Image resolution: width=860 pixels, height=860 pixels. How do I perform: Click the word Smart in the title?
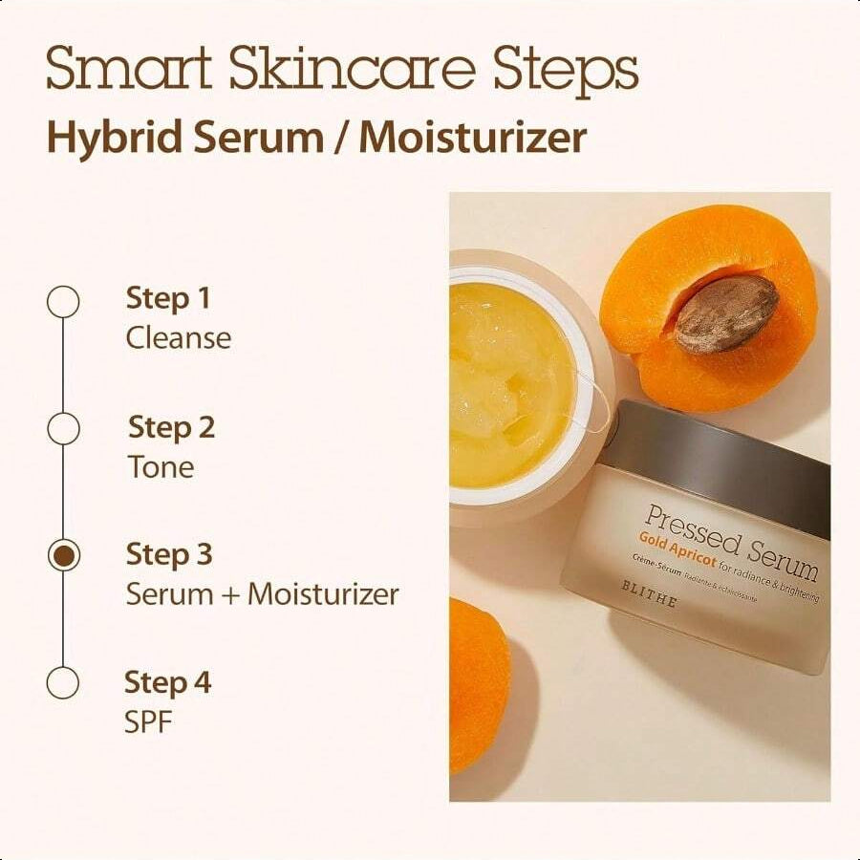[x=129, y=70]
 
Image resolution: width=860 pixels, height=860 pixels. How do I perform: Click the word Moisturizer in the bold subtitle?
[x=473, y=138]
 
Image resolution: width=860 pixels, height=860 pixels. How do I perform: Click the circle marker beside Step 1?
[x=63, y=302]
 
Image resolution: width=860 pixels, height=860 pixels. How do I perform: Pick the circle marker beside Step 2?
[x=63, y=429]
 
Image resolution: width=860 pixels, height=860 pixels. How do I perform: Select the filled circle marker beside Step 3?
[x=63, y=556]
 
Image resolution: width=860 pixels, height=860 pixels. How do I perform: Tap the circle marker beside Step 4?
[x=63, y=683]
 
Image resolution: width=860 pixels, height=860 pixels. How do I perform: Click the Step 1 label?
[x=167, y=298]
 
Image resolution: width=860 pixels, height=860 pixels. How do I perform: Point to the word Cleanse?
[x=179, y=338]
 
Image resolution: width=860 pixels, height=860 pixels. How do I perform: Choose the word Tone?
[x=161, y=466]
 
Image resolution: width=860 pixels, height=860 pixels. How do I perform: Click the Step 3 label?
[x=169, y=554]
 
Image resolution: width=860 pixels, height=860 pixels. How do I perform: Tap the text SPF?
[x=148, y=722]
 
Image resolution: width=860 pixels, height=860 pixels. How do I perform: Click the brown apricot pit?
[x=725, y=312]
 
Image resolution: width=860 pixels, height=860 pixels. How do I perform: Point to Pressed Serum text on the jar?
[x=731, y=542]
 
